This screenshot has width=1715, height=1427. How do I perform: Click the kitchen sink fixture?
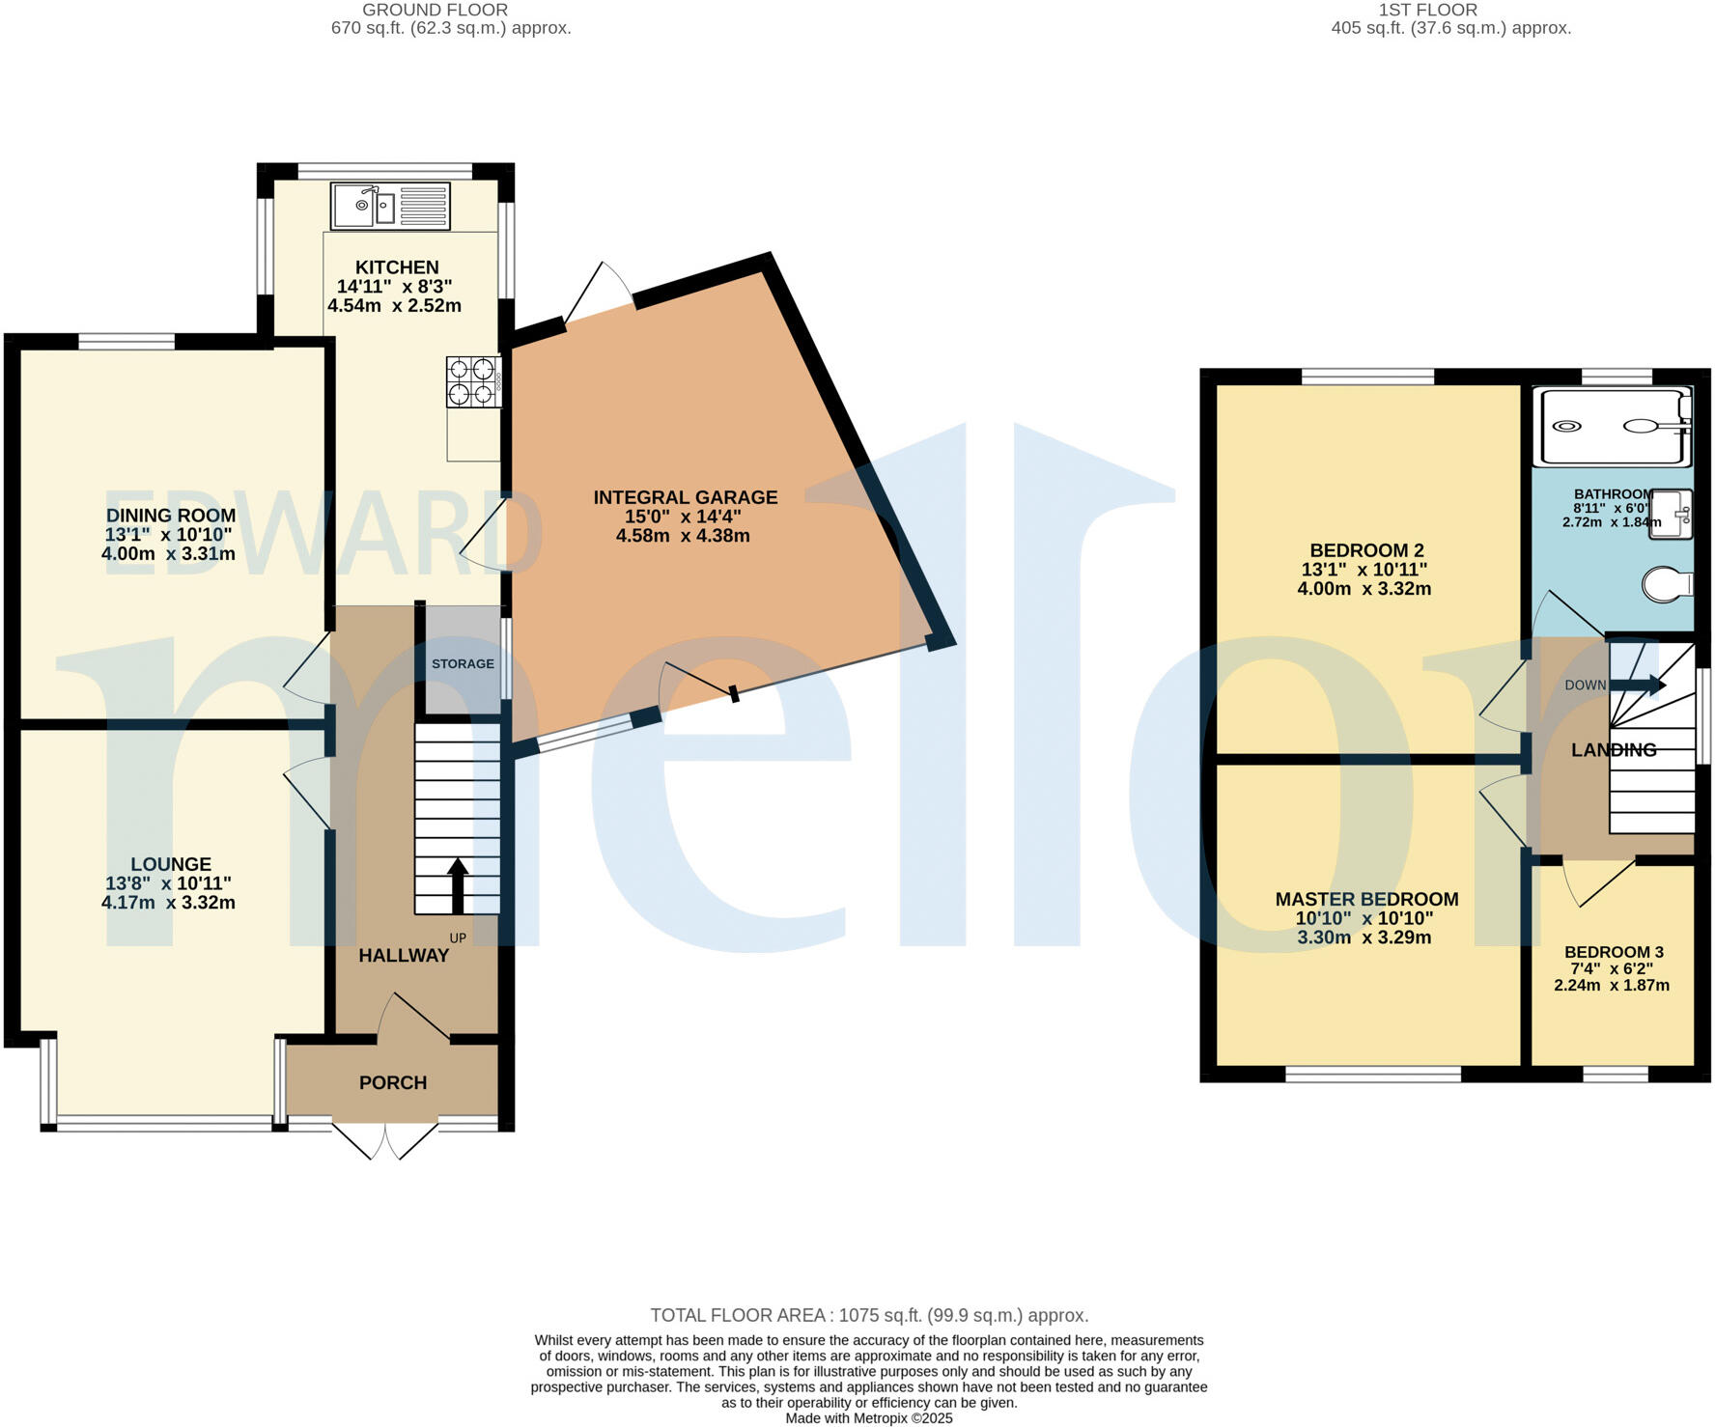pos(390,206)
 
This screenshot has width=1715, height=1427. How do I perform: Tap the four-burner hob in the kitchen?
pos(473,381)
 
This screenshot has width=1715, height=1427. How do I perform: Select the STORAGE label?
pos(463,664)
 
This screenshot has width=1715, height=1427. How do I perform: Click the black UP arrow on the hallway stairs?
pos(458,885)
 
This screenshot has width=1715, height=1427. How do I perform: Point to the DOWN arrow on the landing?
pos(1638,686)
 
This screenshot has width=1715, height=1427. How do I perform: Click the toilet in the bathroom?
pos(1668,584)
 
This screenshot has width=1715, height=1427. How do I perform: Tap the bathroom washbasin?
pos(1672,514)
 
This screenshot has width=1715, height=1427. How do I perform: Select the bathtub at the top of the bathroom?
pos(1613,426)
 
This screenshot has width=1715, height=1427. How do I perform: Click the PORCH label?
pos(393,1083)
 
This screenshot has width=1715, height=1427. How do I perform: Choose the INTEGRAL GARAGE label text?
pos(685,497)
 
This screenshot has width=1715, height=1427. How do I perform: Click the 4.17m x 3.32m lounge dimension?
pos(168,904)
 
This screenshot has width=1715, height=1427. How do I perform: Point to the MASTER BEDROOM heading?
pos(1366,900)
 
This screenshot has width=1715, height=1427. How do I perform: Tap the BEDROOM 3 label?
pos(1614,952)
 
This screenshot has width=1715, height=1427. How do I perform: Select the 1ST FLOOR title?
pos(1427,10)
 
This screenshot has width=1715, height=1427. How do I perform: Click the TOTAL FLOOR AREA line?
pos(869,1315)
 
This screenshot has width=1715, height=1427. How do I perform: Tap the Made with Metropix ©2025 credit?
pos(869,1418)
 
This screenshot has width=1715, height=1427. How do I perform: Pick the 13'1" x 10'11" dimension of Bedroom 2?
pos(1364,570)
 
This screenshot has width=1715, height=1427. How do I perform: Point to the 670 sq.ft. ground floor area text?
pos(451,28)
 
